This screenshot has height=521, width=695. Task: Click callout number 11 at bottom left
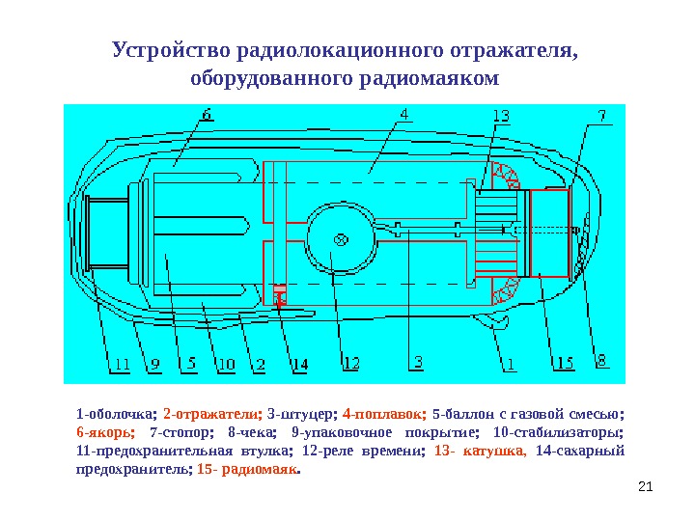point(118,365)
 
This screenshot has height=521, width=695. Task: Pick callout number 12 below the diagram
point(350,364)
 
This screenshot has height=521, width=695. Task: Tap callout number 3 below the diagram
point(417,363)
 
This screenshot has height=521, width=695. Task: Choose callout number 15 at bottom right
point(564,364)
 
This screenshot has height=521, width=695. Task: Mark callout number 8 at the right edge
point(600,361)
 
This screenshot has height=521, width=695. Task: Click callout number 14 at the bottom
point(299,365)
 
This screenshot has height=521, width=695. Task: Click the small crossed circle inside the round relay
point(340,239)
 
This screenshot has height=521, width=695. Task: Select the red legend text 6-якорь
point(105,433)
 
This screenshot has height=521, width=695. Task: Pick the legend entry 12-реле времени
point(362,451)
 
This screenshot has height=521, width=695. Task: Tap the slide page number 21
point(647,496)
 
